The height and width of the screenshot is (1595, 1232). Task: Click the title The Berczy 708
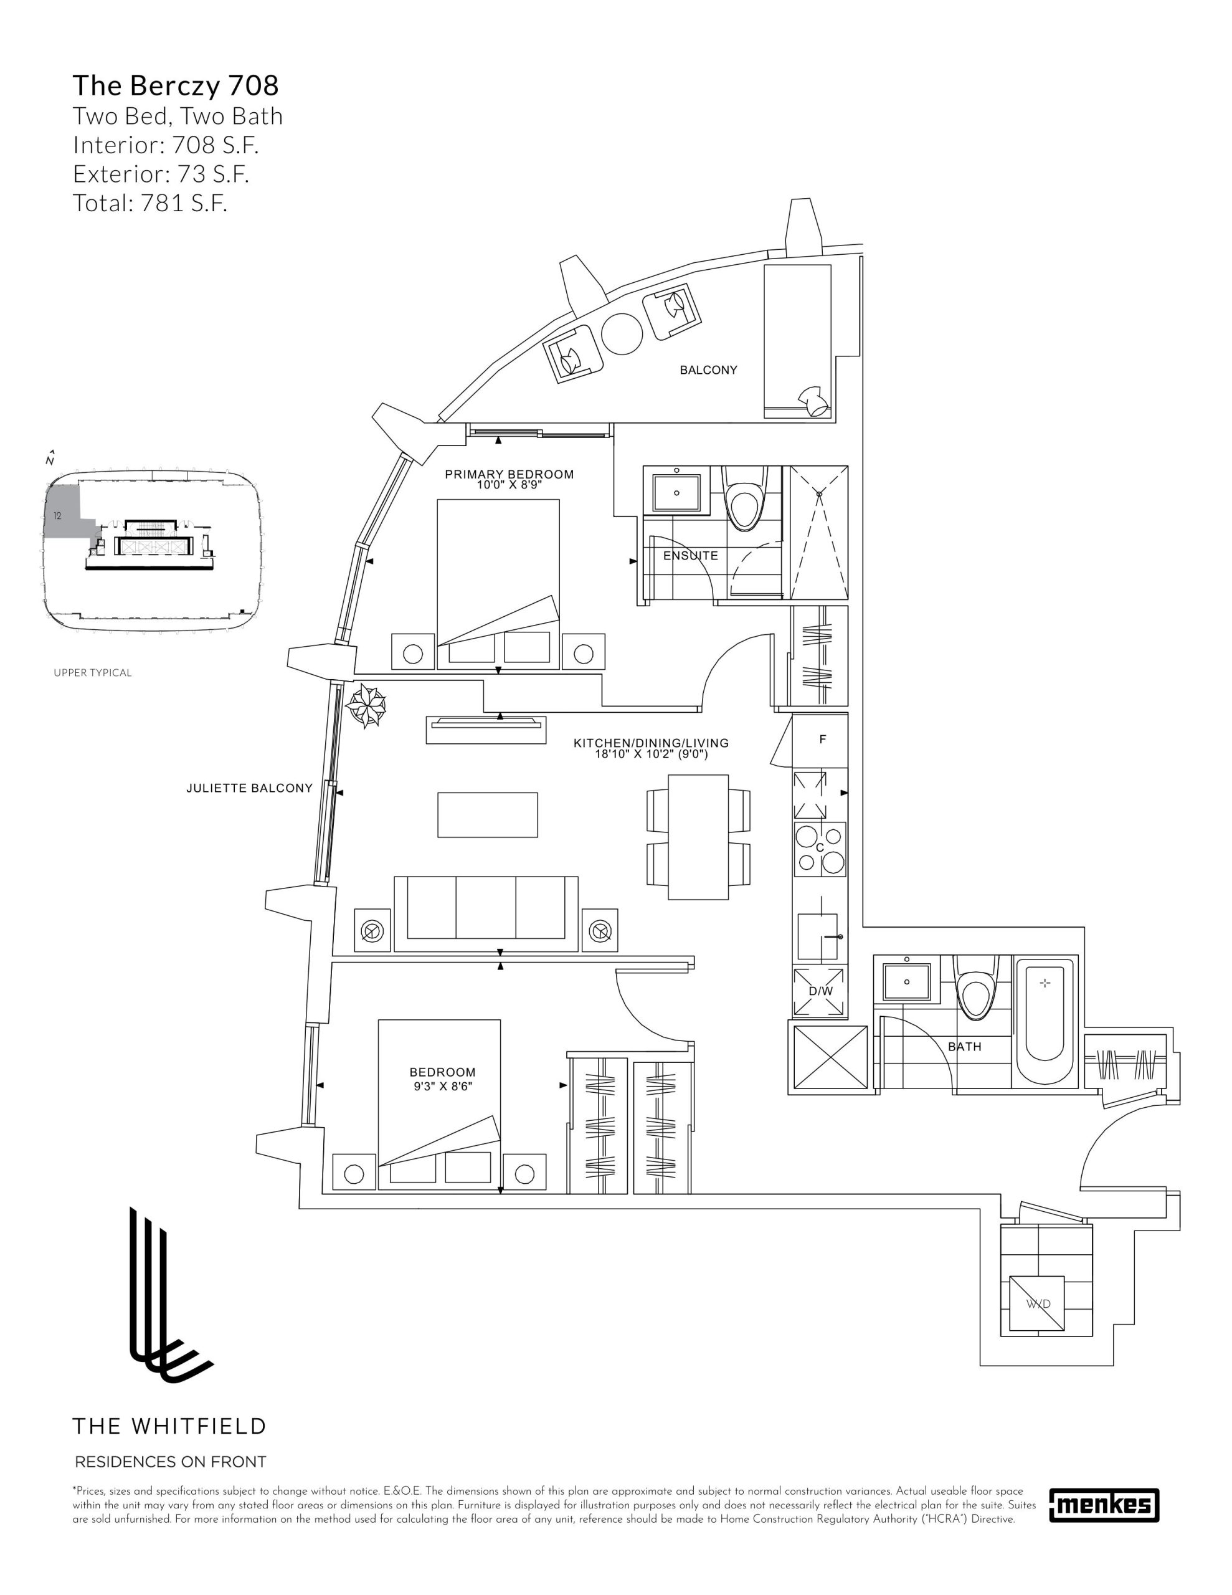pyautogui.click(x=175, y=85)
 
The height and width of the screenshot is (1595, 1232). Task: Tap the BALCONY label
pyautogui.click(x=708, y=370)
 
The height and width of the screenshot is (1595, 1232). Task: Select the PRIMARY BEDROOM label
pyautogui.click(x=509, y=474)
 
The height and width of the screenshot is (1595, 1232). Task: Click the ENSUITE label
pyautogui.click(x=690, y=556)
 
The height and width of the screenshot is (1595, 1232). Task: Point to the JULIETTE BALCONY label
pyautogui.click(x=249, y=788)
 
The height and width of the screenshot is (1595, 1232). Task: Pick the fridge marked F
pyautogui.click(x=822, y=740)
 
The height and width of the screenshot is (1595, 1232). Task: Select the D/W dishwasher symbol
pyautogui.click(x=820, y=991)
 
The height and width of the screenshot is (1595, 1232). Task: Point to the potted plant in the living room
pyautogui.click(x=367, y=705)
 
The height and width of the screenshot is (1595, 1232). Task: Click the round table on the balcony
pyautogui.click(x=622, y=334)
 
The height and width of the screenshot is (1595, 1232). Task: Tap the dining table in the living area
pyautogui.click(x=698, y=837)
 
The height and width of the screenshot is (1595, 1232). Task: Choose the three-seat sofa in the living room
pyautogui.click(x=486, y=913)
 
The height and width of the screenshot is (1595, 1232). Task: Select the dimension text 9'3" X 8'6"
pyautogui.click(x=441, y=1087)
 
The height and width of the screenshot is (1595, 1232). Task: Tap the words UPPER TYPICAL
pyautogui.click(x=93, y=673)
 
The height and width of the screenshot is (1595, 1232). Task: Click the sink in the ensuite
pyautogui.click(x=676, y=493)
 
